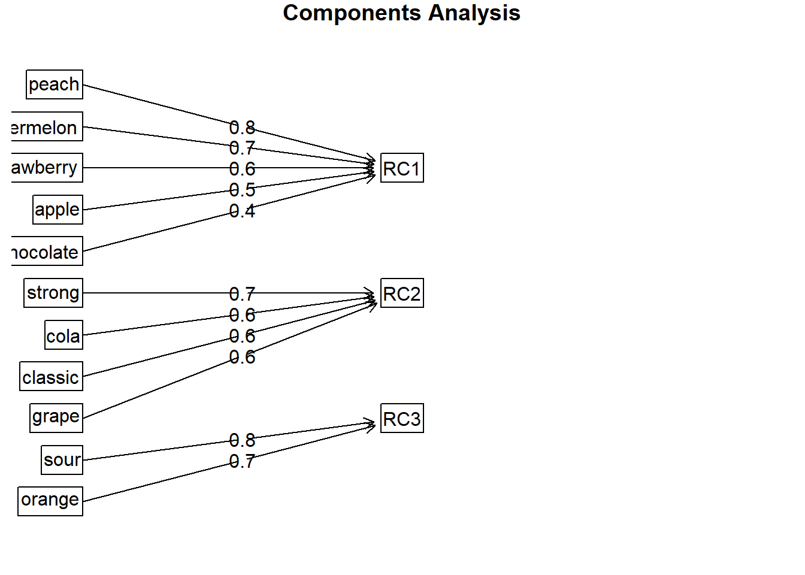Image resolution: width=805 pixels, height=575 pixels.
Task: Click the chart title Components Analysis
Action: [401, 13]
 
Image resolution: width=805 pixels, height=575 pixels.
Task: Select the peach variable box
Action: [55, 84]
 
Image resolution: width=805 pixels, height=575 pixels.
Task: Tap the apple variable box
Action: [57, 210]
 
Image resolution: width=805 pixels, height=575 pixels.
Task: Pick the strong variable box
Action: [53, 293]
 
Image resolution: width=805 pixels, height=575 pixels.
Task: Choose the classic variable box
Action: [51, 377]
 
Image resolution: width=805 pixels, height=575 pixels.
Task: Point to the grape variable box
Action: [56, 417]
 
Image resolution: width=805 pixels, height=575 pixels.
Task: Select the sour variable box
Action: [62, 459]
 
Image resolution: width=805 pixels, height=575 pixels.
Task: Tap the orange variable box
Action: [50, 501]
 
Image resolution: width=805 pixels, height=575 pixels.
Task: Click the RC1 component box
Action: [402, 168]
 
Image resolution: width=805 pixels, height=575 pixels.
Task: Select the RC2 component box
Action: [402, 293]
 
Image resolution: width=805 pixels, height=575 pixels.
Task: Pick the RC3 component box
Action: [402, 419]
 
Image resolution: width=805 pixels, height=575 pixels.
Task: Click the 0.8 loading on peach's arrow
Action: [242, 128]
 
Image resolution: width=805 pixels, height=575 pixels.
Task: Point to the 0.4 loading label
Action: [242, 211]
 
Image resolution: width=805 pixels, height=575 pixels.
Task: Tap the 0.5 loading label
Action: [242, 190]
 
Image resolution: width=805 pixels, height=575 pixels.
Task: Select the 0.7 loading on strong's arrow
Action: [242, 294]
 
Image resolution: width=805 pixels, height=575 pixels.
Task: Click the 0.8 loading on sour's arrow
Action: [242, 440]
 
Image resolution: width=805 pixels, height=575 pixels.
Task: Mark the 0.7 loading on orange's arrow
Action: [242, 461]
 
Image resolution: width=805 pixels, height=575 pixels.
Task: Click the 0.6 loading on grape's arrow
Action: [242, 357]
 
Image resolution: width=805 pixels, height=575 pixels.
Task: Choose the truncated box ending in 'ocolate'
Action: [47, 252]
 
